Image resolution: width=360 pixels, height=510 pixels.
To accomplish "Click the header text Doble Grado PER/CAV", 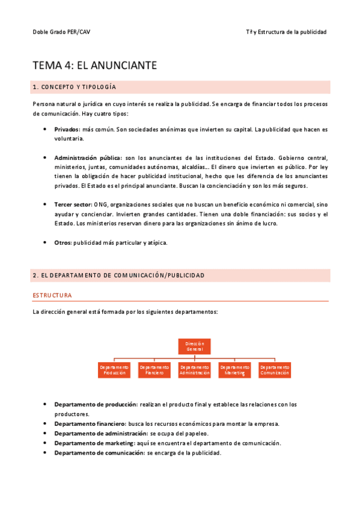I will click(62, 32).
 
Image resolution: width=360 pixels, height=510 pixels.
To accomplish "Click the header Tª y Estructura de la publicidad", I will click(286, 32).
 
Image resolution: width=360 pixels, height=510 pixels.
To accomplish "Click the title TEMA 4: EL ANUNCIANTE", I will click(95, 66).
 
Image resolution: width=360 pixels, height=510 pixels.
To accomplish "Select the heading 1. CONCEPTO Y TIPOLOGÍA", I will click(75, 88).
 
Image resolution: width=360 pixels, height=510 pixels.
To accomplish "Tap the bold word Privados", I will click(67, 129).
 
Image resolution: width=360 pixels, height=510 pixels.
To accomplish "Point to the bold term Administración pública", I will click(88, 158).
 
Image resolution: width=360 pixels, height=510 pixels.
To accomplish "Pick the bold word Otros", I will click(63, 242).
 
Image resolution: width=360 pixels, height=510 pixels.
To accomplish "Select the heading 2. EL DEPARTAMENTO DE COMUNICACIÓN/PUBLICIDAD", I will click(118, 275).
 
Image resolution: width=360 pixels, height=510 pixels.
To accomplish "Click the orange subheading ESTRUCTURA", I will click(52, 296).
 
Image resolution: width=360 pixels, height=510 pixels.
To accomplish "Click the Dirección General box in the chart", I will click(194, 346).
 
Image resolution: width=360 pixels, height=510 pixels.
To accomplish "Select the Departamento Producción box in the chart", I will click(114, 370).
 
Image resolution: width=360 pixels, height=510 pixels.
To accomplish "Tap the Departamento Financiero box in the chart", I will click(154, 370).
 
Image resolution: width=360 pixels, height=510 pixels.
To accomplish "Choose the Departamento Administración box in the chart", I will click(195, 370).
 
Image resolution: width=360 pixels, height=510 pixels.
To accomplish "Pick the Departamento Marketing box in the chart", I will click(234, 370).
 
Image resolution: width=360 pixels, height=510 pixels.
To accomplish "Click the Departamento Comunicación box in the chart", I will click(275, 370).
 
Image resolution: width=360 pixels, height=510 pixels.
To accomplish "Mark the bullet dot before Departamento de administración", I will click(46, 434).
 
